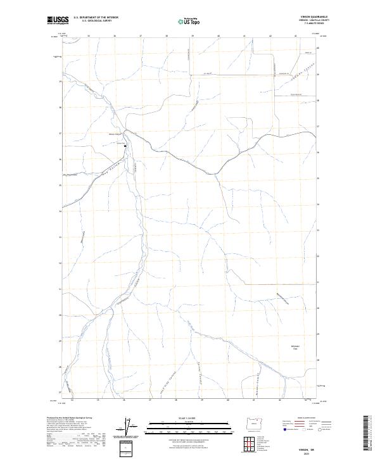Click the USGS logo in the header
click(55, 21)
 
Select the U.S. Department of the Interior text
click(96, 18)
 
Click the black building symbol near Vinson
click(125, 146)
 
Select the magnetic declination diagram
click(133, 427)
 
